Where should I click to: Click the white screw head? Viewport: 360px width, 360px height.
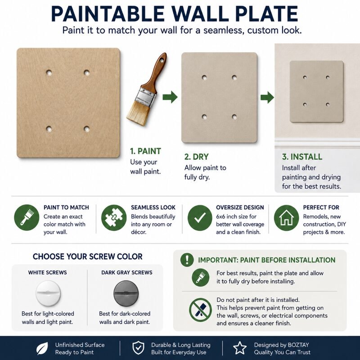[x=48, y=294]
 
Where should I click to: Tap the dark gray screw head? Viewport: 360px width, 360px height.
[x=126, y=294]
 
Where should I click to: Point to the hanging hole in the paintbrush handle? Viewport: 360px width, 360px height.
[x=162, y=60]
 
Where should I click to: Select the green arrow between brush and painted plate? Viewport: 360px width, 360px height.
[x=170, y=97]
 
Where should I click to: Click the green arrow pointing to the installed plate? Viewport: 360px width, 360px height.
[x=267, y=97]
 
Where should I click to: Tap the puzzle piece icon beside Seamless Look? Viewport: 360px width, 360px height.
[x=114, y=218]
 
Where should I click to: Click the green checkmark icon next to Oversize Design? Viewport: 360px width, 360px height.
[x=200, y=218]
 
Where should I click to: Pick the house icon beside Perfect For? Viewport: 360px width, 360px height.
[x=286, y=218]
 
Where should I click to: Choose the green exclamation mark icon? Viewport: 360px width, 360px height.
[x=187, y=260]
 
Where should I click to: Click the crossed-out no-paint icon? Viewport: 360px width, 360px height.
[x=200, y=310]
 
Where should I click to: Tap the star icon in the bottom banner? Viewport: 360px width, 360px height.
[x=240, y=348]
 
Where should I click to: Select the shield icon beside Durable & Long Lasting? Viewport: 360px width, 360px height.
[x=139, y=348]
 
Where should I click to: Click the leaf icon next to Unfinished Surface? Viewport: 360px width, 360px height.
[x=42, y=348]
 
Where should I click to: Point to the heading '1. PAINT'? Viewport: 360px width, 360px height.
[x=145, y=151]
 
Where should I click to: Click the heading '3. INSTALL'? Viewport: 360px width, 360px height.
[x=302, y=157]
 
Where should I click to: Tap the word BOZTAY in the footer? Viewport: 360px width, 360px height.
[x=298, y=345]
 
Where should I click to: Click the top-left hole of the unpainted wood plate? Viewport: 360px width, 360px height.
[x=49, y=73]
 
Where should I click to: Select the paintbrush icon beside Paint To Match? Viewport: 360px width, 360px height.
[x=27, y=218]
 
